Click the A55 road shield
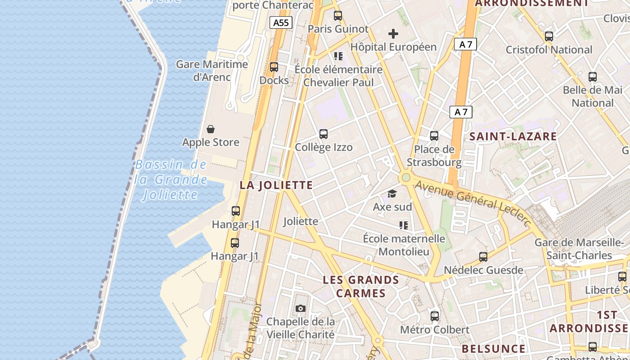pos(281,22)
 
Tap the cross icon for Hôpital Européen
pos(393,34)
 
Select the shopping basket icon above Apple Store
pos(211,130)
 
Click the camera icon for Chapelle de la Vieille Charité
pos(301,309)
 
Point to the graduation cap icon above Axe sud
pos(392,194)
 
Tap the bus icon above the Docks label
pos(274,67)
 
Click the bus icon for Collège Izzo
pos(324,134)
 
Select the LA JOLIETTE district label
pos(276,185)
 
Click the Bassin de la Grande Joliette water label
pos(171,180)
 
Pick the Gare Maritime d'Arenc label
pos(212,71)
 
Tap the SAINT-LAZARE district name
pos(513,136)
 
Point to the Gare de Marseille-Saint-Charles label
pos(579,249)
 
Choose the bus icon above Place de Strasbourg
pos(434,136)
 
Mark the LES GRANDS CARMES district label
pos(361,287)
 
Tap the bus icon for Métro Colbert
pos(435,316)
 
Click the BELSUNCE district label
pos(493,349)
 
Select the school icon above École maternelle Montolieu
pos(403,225)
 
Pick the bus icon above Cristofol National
pos(549,36)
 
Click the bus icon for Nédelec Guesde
pos(483,257)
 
